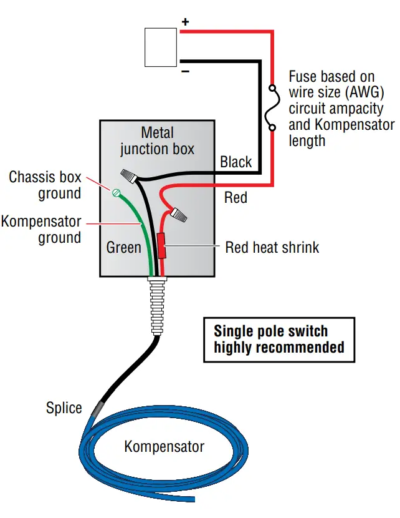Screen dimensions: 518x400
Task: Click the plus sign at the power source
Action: (x=185, y=22)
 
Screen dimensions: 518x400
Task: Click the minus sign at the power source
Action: (x=185, y=71)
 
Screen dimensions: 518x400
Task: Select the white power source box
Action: (x=160, y=47)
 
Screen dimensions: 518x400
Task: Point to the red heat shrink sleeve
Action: (x=162, y=246)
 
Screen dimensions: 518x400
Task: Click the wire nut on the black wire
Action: (x=129, y=175)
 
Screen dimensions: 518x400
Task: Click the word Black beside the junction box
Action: (x=236, y=162)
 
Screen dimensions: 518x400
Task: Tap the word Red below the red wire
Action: (x=236, y=198)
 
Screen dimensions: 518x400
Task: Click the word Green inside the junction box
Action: (x=123, y=248)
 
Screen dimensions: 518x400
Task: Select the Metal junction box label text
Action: (x=157, y=140)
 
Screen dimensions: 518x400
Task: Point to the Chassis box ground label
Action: (x=45, y=185)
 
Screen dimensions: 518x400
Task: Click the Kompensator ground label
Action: (x=41, y=229)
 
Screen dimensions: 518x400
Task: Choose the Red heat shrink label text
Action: (x=272, y=247)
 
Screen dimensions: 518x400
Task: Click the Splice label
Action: (x=64, y=408)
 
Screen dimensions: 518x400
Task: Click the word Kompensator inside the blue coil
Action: (x=164, y=447)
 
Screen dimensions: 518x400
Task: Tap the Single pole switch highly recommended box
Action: (x=279, y=339)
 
